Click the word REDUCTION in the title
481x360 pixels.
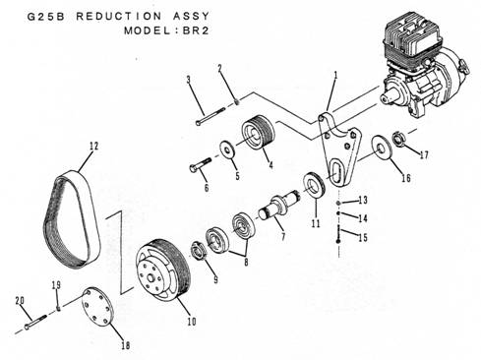[119, 16]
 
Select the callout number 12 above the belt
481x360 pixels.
[93, 146]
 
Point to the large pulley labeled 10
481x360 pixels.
[162, 271]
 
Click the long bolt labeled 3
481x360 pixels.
[210, 115]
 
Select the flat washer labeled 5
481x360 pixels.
[226, 150]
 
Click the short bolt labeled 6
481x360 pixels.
[200, 164]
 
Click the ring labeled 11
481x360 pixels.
[314, 185]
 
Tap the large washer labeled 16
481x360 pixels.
[382, 148]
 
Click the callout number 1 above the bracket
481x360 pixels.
[335, 76]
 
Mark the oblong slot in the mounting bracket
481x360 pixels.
[334, 173]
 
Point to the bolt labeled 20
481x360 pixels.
[36, 322]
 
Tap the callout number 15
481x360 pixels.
[362, 237]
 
